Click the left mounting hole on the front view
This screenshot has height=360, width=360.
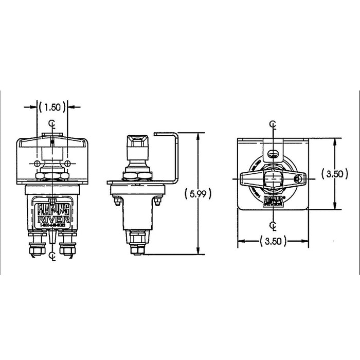point(38,164)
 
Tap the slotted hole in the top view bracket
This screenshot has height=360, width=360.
point(273,152)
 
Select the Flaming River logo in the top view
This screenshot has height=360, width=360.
point(273,200)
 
